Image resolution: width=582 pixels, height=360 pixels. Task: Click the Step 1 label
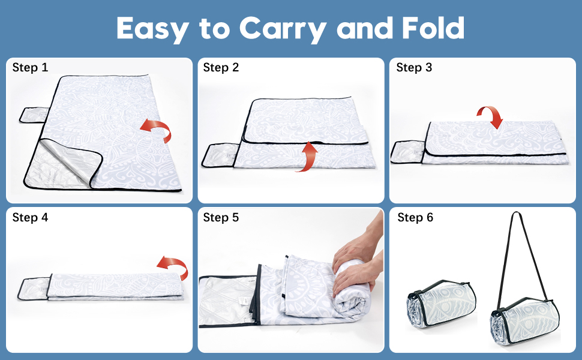pyautogui.click(x=30, y=68)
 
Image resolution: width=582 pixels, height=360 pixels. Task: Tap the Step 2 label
pyautogui.click(x=221, y=68)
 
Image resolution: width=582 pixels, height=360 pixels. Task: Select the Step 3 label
pyautogui.click(x=414, y=68)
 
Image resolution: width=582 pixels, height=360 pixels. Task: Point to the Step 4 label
pyautogui.click(x=30, y=217)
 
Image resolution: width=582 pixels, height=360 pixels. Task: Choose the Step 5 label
pyautogui.click(x=221, y=217)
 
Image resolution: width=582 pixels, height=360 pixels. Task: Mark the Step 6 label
pyautogui.click(x=415, y=217)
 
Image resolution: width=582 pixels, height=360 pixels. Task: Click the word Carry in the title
pyautogui.click(x=283, y=29)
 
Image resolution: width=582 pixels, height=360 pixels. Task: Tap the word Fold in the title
pyautogui.click(x=433, y=28)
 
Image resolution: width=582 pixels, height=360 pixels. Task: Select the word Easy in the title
pyautogui.click(x=153, y=29)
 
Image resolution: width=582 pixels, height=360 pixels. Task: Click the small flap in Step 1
pyautogui.click(x=34, y=115)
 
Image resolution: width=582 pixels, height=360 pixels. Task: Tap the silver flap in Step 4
pyautogui.click(x=33, y=289)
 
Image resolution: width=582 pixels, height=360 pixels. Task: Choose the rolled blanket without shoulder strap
pyautogui.click(x=441, y=303)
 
